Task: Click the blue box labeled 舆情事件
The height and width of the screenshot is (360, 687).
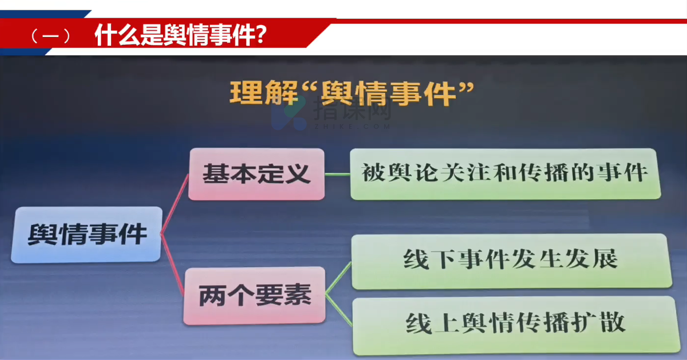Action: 87,235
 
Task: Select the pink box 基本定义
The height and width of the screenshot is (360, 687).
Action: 256,174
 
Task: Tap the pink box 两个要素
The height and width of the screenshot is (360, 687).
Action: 255,296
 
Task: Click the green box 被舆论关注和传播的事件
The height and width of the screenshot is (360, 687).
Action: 505,174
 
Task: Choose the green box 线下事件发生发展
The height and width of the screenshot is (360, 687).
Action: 511,261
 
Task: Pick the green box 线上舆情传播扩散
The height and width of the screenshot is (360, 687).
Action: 516,326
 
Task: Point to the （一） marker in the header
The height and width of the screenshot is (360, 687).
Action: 51,36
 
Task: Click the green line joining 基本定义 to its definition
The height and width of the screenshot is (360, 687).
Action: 337,175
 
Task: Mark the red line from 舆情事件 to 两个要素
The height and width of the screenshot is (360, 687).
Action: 173,264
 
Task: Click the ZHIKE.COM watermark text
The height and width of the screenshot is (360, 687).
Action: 352,126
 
